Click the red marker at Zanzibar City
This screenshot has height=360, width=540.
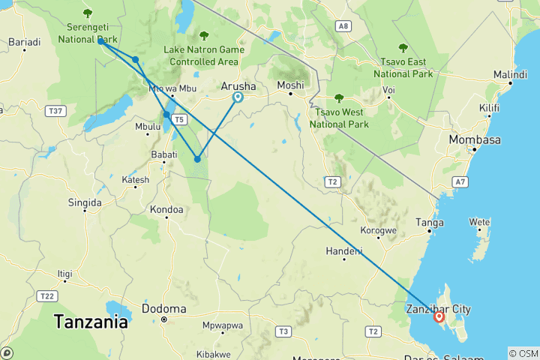(x=439, y=316)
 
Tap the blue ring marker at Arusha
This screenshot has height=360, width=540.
(x=238, y=97)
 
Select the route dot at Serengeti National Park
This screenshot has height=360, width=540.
(x=100, y=41)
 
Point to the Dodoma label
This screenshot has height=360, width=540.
(x=163, y=309)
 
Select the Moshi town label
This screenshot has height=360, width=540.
(x=290, y=85)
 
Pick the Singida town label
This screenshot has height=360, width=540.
(x=84, y=202)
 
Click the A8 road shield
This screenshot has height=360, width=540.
(x=343, y=26)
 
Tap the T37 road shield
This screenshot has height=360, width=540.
(x=54, y=111)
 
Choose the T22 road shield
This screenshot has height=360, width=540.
(x=46, y=296)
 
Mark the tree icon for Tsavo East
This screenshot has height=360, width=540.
(x=403, y=48)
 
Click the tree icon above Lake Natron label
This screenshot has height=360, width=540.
(x=204, y=35)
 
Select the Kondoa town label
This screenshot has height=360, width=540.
(x=166, y=210)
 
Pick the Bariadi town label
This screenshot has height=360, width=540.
(x=24, y=43)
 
